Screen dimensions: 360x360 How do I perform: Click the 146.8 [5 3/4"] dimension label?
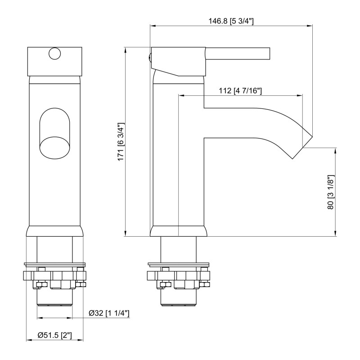tap(231, 21)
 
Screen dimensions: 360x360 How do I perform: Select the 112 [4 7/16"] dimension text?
tap(240, 91)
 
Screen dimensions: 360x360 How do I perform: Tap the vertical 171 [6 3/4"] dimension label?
tap(121, 142)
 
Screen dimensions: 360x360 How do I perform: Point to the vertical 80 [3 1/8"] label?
tap(331, 192)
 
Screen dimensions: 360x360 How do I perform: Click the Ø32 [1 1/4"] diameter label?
tap(109, 313)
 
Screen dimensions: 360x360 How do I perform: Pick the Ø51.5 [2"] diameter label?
tap(55, 335)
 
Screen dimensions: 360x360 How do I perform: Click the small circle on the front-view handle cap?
tap(54, 54)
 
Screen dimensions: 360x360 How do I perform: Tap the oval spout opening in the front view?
tap(54, 133)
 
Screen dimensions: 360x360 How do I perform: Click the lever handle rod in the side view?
tap(238, 54)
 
